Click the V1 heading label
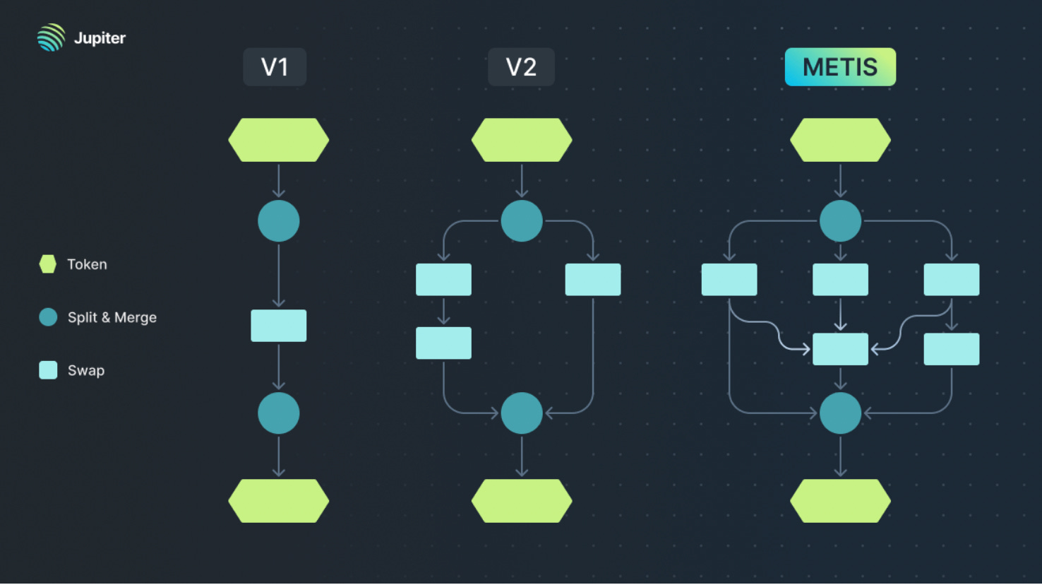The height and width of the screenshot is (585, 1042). tap(275, 67)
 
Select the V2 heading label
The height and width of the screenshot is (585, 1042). tap(521, 67)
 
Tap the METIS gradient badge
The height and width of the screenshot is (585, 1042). tap(840, 67)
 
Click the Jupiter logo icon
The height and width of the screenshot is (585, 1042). tap(51, 37)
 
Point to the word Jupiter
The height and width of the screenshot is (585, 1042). tap(100, 38)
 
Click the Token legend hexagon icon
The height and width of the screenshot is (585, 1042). tap(48, 264)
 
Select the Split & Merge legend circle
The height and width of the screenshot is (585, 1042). tap(48, 317)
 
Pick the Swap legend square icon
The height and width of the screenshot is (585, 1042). tap(48, 370)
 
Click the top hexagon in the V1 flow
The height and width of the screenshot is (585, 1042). tap(279, 140)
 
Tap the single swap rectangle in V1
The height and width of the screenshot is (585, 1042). tap(279, 326)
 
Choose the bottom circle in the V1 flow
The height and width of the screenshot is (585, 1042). tap(279, 413)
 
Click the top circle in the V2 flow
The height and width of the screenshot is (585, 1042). tap(522, 221)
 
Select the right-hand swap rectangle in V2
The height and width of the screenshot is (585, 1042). tap(593, 280)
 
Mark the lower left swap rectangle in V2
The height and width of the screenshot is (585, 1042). tap(443, 343)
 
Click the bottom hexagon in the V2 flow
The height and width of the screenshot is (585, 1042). tap(522, 501)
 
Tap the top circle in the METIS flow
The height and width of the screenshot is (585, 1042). tap(840, 221)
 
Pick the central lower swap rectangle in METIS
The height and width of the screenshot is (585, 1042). tap(840, 349)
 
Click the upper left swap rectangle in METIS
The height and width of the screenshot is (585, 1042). tap(729, 280)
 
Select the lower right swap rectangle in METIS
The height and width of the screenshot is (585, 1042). tap(952, 349)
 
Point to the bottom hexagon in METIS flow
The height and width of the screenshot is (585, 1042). tap(840, 501)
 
